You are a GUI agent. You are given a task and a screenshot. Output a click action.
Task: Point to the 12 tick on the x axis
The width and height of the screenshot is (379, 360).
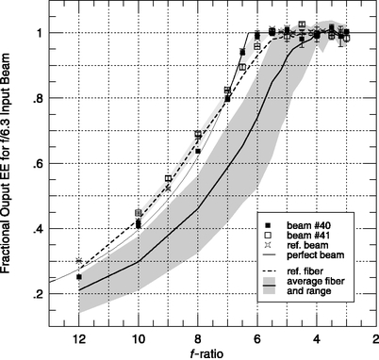pos(78,334)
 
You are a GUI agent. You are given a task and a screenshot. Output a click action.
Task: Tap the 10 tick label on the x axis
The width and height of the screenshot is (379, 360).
pos(138,334)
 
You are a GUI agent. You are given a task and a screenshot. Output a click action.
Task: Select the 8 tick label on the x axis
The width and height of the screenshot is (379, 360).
pos(197,334)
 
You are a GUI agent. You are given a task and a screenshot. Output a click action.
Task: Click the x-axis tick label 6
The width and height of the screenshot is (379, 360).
pos(256,334)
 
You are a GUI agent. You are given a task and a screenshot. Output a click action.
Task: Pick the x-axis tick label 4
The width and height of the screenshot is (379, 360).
pos(316,334)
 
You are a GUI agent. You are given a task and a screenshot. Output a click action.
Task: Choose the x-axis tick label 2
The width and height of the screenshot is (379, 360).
pos(374,334)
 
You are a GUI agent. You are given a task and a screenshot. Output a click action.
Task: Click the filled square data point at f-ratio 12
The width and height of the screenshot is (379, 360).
pos(79,277)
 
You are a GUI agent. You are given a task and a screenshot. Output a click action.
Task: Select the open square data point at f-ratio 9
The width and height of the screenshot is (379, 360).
pos(168,178)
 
